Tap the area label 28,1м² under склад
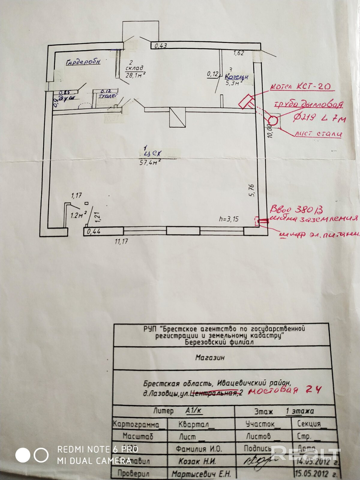pos(136,75)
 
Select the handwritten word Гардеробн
pos(83,62)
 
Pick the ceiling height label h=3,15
pos(229,219)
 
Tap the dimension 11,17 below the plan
pos(121,241)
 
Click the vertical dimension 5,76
pos(252,190)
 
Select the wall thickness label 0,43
pos(160,46)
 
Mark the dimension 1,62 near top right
pos(239,53)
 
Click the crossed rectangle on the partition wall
pos(178,117)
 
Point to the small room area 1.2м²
pos(79,215)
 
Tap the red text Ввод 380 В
pos(296,209)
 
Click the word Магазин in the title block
pos(210,358)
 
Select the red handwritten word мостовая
pos(273,390)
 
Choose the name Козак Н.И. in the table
pos(197,461)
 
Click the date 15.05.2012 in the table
pos(316,474)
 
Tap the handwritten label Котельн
pos(237,77)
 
